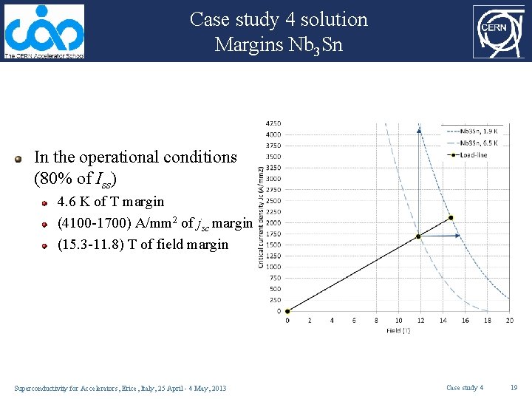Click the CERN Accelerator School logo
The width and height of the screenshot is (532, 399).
point(44,32)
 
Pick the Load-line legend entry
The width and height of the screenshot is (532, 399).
point(474,154)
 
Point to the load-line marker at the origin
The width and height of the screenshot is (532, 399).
point(287,311)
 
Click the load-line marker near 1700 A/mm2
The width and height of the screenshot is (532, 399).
point(418,236)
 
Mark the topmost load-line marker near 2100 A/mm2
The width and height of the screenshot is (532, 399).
point(451,218)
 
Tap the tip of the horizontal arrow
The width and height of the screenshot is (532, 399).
point(460,236)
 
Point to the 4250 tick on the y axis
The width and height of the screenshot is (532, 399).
point(273,123)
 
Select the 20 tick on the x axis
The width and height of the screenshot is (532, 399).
point(509,321)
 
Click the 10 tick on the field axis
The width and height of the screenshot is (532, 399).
point(398,321)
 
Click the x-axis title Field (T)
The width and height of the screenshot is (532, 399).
point(398,331)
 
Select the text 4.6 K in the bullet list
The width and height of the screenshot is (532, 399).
point(72,202)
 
